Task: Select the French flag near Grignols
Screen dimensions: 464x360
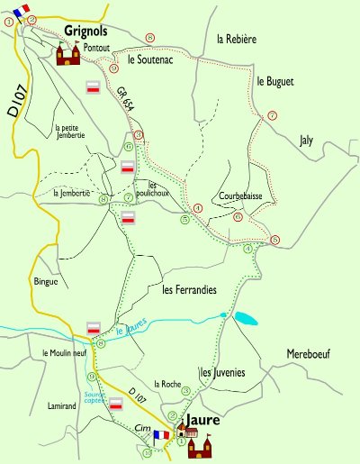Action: [x=21, y=12]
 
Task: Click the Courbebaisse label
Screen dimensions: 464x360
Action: [x=239, y=195]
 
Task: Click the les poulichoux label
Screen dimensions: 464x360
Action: [x=146, y=188]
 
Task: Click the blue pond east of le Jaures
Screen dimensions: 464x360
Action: [x=245, y=318]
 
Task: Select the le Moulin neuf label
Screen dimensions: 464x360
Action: [x=65, y=353]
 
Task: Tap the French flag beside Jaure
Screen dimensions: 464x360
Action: [x=162, y=435]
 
